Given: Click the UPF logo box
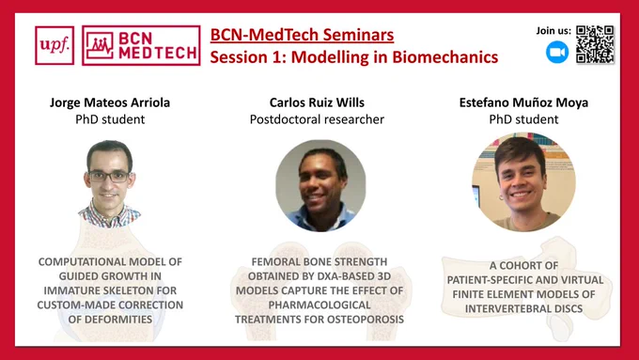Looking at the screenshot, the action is (x=55, y=45).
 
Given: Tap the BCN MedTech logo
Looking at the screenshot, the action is (x=141, y=45).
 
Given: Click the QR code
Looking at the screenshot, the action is (x=595, y=44).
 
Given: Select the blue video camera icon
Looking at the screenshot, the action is (x=557, y=53).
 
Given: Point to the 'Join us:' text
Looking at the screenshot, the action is (x=553, y=31).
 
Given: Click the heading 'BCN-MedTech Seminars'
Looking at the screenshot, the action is (x=302, y=35).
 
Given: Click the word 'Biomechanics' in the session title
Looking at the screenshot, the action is (x=445, y=57).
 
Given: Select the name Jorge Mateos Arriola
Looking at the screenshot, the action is (x=110, y=102).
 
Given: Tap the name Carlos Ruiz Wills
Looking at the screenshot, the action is (x=317, y=102).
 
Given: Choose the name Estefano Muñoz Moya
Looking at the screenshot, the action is (x=523, y=102).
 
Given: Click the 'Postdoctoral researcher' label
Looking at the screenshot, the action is (x=317, y=119).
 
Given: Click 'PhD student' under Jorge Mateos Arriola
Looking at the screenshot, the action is (x=110, y=119).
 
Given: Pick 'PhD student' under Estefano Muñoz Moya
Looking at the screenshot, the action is (x=523, y=119).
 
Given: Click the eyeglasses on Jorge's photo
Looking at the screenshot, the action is (x=109, y=176).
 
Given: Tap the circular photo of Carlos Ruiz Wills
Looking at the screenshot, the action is (x=320, y=185).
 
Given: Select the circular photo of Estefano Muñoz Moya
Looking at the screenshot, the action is (x=523, y=181).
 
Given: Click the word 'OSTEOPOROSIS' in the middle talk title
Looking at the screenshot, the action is (x=363, y=320).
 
